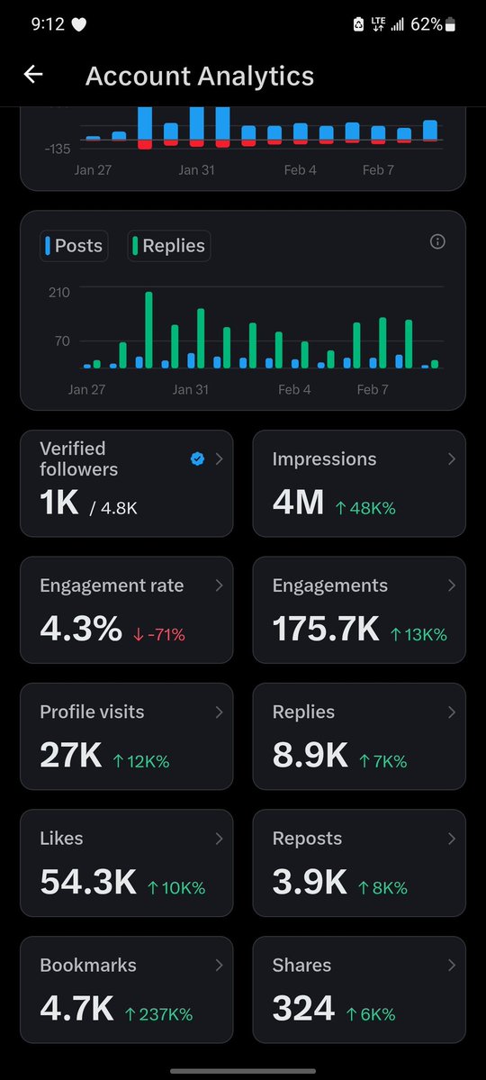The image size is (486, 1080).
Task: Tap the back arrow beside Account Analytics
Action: point(33,75)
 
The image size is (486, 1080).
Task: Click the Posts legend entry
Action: point(74,246)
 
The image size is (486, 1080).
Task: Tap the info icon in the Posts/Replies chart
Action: point(437,241)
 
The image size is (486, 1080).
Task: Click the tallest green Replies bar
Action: point(148,330)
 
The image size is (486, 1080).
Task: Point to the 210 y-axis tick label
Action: point(59,292)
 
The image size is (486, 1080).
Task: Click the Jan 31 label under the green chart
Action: point(190,389)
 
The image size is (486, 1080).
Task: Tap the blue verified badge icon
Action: point(197,459)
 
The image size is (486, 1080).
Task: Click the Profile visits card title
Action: point(92,712)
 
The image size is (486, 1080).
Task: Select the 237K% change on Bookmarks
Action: point(158,1014)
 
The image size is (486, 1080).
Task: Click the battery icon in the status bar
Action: point(450,25)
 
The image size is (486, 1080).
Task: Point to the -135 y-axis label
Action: point(57,149)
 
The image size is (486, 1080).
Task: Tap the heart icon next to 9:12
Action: point(78,25)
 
